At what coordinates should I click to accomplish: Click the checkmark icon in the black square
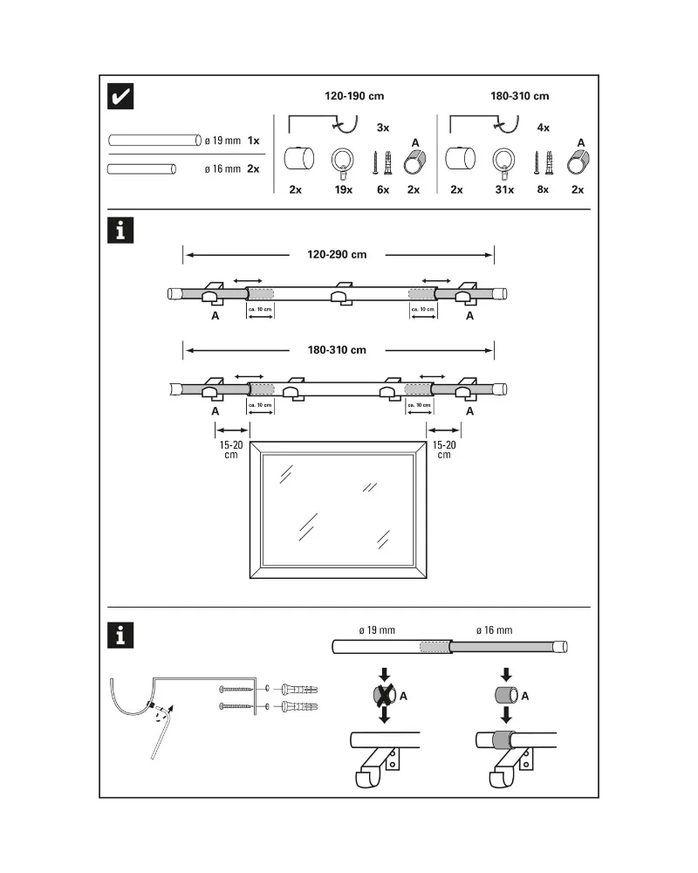(120, 97)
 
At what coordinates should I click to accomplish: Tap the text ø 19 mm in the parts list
(222, 140)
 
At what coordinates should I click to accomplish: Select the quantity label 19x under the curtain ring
(343, 189)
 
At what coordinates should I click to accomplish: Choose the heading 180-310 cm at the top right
(519, 96)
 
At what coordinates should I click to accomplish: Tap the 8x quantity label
(544, 189)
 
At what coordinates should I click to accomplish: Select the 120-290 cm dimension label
(337, 255)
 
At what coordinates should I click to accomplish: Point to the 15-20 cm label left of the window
(230, 449)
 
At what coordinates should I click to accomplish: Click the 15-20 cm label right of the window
(444, 449)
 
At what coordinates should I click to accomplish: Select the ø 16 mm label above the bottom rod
(494, 629)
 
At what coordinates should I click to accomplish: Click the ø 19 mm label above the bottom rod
(377, 629)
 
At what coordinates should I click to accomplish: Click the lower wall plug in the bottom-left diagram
(299, 705)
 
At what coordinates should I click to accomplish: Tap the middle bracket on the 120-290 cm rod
(340, 294)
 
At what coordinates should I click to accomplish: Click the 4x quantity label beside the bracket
(543, 127)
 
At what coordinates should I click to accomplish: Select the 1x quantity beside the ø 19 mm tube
(253, 140)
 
